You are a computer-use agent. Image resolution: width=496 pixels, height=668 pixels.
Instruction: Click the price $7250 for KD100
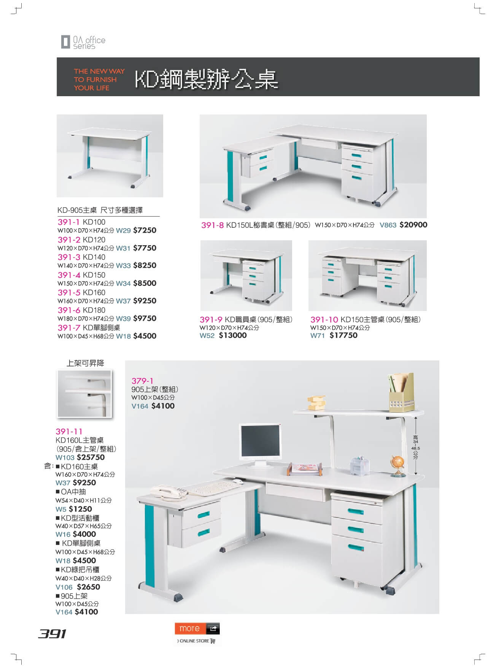point(145,230)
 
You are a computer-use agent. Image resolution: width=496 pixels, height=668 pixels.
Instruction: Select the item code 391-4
point(69,275)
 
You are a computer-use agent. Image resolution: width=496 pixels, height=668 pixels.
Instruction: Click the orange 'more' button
point(197,628)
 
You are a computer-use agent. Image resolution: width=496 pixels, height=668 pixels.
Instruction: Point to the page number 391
point(52,633)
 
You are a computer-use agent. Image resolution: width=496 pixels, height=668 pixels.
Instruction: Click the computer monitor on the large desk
point(261,445)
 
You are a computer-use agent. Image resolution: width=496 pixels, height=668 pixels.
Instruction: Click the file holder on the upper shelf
point(401,392)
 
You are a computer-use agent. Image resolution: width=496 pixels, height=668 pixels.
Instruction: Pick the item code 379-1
point(143,381)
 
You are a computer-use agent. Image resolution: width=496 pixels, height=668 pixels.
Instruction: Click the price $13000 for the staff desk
point(233,335)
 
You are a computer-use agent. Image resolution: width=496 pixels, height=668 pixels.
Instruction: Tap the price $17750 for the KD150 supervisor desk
point(343,335)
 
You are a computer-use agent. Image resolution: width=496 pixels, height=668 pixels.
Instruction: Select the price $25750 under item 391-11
point(91,457)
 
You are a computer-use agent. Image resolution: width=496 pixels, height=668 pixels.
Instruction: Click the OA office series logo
point(83,42)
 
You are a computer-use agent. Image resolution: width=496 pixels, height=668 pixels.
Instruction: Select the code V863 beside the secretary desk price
point(388,225)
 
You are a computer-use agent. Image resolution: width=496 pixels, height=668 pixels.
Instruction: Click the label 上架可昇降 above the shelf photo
point(85,363)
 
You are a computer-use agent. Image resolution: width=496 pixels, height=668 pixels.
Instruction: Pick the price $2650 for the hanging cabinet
point(88,587)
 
